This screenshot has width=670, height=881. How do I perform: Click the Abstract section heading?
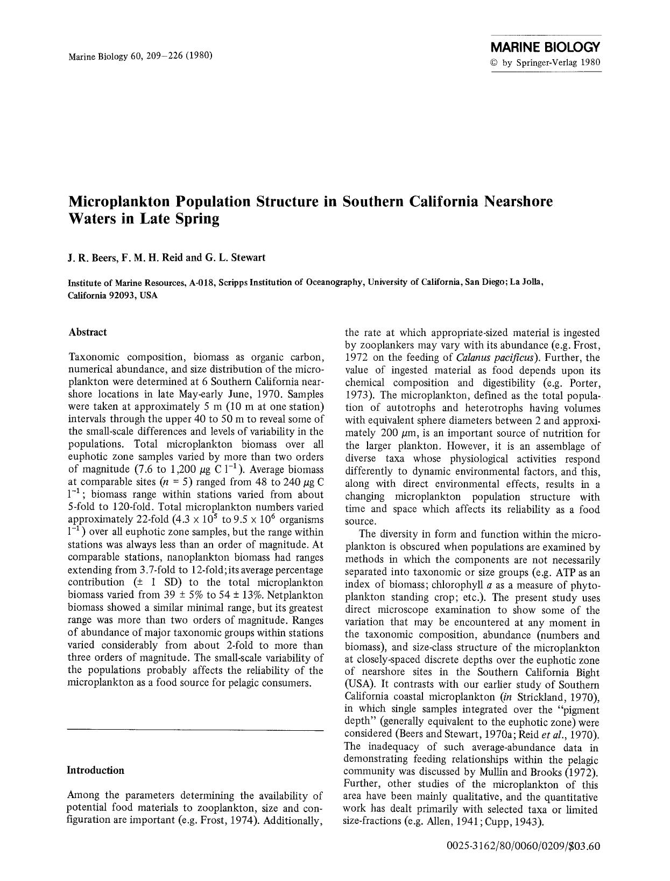tap(88, 332)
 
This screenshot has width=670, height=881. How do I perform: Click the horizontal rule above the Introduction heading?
tap(195, 730)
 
